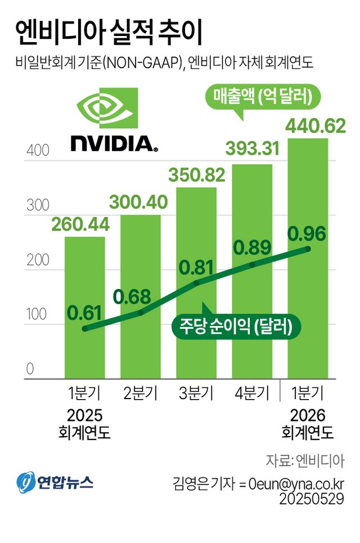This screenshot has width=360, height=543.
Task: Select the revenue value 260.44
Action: [80, 225]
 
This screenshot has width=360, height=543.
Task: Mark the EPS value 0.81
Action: [196, 267]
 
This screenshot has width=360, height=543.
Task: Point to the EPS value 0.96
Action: [307, 233]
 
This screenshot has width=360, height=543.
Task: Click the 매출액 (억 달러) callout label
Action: [263, 98]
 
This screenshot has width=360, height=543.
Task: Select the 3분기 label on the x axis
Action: [195, 392]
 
